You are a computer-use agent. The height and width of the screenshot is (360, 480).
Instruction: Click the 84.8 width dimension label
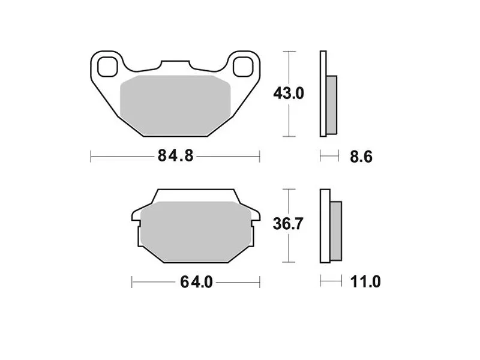tap(175, 156)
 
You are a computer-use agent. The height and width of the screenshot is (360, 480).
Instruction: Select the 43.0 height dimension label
tap(289, 94)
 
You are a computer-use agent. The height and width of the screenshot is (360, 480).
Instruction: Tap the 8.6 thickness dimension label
tap(361, 157)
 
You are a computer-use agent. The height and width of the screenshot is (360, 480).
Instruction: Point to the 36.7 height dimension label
tap(288, 224)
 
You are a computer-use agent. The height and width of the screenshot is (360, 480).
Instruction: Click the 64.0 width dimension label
tap(196, 282)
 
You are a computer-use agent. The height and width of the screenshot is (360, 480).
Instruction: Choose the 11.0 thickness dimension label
tap(365, 281)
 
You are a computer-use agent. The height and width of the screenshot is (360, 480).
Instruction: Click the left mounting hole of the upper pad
tap(107, 67)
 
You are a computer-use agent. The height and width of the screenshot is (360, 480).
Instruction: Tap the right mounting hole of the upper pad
tap(243, 67)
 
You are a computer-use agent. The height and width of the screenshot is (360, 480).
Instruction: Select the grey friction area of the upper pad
tap(175, 106)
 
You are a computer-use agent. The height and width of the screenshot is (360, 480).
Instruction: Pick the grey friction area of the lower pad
tap(196, 232)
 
